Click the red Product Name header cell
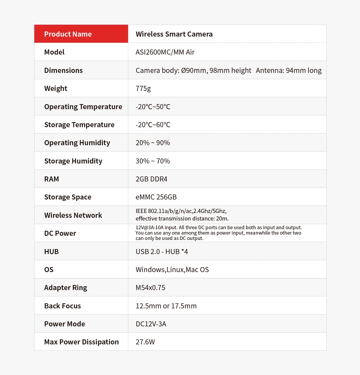tap(81, 34)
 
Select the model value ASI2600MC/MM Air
tap(165, 52)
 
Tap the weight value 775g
tap(143, 88)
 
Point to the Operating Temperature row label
tap(83, 107)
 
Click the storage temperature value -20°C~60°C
tap(153, 125)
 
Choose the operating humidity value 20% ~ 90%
tap(153, 143)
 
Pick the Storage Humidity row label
tap(73, 161)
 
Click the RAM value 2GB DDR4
tap(151, 179)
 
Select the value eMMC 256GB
tap(156, 197)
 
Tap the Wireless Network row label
tap(73, 215)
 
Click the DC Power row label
tap(60, 233)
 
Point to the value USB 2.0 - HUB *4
tap(162, 252)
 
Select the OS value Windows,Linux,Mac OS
tap(172, 270)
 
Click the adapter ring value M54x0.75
tap(150, 288)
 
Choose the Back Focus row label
tap(62, 306)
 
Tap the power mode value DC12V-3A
tap(151, 324)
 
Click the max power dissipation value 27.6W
tap(145, 342)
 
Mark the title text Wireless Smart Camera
tap(174, 34)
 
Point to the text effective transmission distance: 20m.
tap(182, 219)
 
